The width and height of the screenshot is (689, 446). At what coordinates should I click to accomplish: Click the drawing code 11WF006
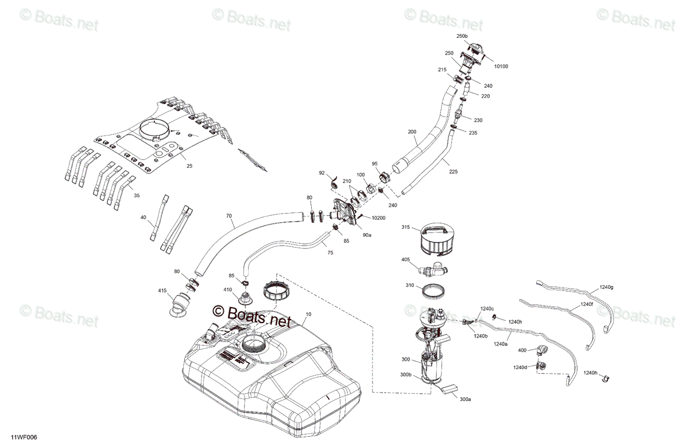[x=24, y=437]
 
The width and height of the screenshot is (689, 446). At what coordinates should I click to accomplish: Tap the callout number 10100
[x=501, y=67]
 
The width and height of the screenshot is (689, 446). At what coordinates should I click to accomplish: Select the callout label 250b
[x=462, y=36]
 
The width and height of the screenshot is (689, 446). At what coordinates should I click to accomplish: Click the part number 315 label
[x=406, y=227]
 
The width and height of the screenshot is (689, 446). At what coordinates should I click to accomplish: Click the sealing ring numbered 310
[x=433, y=290]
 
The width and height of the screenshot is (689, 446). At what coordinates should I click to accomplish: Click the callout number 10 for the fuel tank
[x=308, y=315]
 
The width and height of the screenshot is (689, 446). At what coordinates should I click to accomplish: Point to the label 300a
[x=466, y=400]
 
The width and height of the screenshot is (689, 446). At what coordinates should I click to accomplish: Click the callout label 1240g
[x=606, y=287]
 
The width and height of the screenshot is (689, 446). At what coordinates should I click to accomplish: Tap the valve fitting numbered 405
[x=433, y=269]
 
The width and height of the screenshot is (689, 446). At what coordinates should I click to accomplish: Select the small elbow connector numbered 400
[x=542, y=350]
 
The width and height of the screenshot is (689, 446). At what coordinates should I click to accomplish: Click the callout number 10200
[x=378, y=218]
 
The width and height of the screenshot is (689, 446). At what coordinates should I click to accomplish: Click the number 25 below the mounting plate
[x=189, y=166]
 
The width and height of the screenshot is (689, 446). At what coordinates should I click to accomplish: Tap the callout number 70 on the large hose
[x=229, y=216]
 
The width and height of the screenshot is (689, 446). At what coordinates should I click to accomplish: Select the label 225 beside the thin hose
[x=454, y=172]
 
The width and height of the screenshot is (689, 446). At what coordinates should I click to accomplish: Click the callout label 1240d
[x=520, y=367]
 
